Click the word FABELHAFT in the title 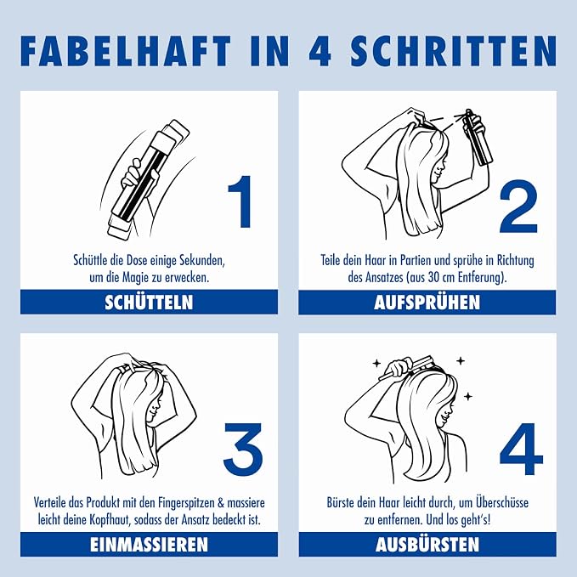[x=125, y=51]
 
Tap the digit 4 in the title [x=320, y=51]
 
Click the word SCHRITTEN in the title [x=454, y=51]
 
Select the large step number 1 [x=240, y=201]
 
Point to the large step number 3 [x=243, y=449]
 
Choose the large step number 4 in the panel [x=521, y=449]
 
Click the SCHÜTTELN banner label [x=149, y=303]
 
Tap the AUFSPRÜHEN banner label [x=427, y=303]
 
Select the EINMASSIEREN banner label [x=149, y=545]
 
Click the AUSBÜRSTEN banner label [x=427, y=545]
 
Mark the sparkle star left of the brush [x=376, y=364]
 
